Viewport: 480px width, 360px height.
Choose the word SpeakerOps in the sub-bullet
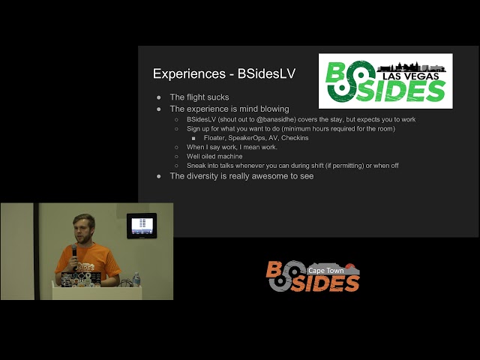click(249, 138)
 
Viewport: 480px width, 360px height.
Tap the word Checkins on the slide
click(295, 138)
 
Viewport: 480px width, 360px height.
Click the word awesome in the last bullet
click(274, 176)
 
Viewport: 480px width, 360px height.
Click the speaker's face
click(82, 228)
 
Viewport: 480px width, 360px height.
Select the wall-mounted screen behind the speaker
click(141, 225)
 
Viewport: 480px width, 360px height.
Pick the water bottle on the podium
click(136, 279)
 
